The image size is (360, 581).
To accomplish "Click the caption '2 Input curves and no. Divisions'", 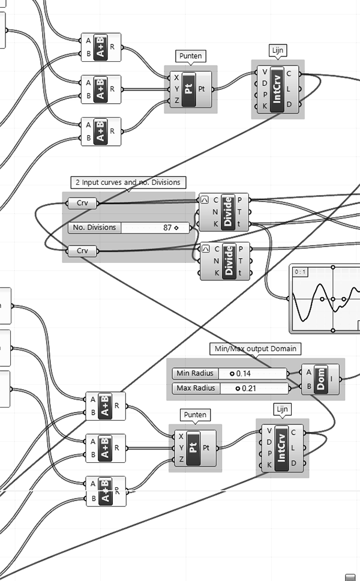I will (128, 182).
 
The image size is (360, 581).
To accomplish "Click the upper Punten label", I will (191, 56).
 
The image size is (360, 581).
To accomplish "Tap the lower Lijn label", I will (282, 409).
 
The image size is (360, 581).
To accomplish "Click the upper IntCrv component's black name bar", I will (277, 89).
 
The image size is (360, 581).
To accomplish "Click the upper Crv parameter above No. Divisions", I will (82, 203).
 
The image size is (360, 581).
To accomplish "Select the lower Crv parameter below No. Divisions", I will (82, 250).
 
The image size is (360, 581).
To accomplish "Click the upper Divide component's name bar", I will (227, 212).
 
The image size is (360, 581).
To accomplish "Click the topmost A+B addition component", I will (100, 47).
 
